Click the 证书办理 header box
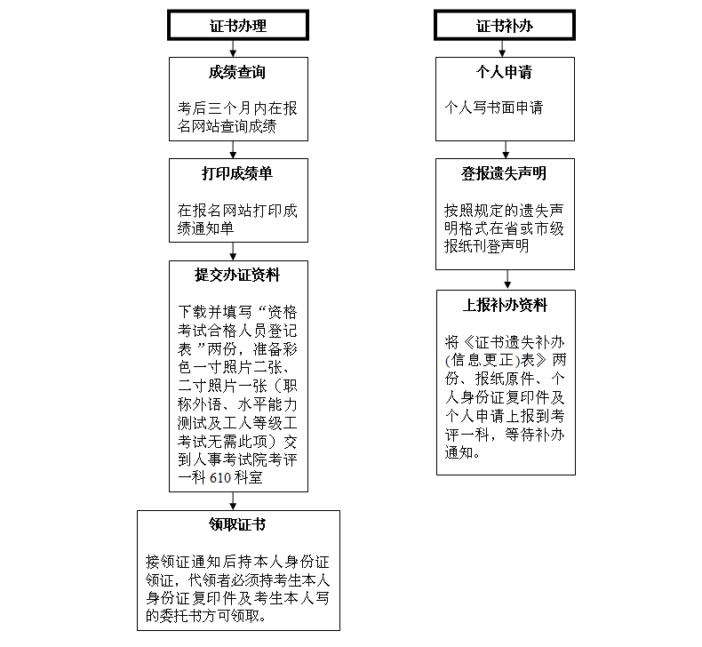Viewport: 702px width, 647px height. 238,26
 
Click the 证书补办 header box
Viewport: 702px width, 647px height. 505,26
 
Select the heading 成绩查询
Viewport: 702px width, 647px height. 237,72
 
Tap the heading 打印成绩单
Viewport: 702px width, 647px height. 237,173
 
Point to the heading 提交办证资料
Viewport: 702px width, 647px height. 237,275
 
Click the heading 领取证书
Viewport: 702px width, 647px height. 237,524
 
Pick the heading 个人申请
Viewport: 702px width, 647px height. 504,72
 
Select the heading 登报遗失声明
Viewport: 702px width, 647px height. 504,173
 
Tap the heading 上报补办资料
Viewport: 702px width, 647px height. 505,306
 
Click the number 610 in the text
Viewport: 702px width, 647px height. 220,478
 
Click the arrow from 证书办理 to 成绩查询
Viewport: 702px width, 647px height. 233,49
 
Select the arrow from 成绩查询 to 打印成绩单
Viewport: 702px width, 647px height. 233,150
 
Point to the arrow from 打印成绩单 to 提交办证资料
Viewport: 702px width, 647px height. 233,252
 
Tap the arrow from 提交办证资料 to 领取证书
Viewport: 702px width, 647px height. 233,501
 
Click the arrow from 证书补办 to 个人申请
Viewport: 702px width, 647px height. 502,49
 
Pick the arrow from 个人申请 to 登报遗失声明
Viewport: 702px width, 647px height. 506,150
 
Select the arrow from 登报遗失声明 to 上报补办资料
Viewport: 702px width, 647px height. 507,280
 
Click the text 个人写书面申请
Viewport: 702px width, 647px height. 494,108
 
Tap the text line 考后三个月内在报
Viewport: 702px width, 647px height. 237,108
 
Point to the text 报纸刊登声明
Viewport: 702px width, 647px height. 487,246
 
